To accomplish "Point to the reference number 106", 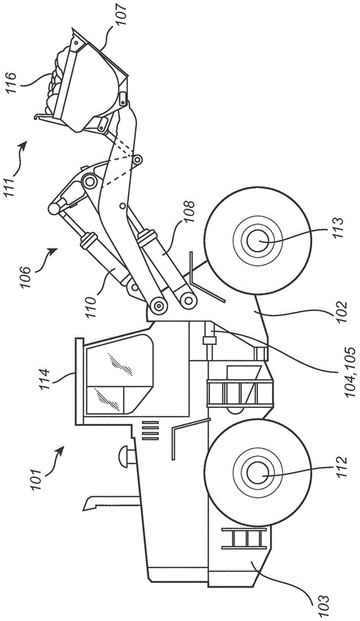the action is pos(25,277).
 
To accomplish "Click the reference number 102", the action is pos(340,313).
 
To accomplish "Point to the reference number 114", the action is pos(44,379).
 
